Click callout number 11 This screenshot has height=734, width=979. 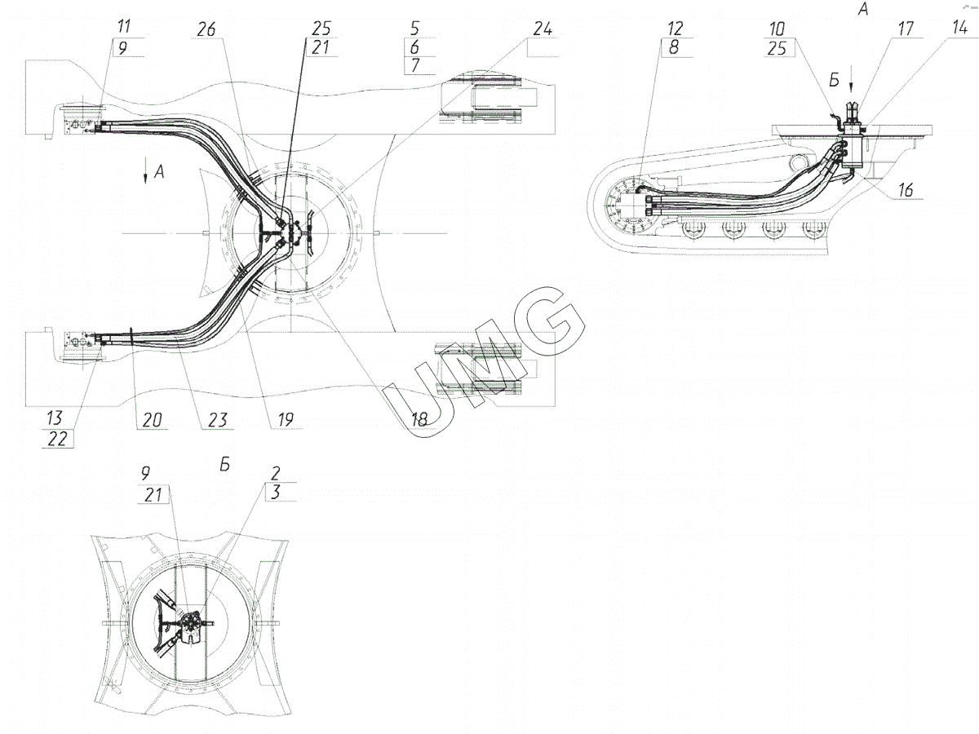(123, 26)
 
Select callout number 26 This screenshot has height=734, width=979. (206, 29)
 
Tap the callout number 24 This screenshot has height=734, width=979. (543, 29)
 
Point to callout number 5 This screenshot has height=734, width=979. (414, 29)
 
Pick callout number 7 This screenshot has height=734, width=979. (415, 65)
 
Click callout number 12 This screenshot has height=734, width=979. (676, 29)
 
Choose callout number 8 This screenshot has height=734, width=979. (674, 47)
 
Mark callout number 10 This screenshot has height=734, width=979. (777, 29)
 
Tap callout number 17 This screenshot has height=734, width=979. (906, 29)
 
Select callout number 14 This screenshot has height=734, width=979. (959, 27)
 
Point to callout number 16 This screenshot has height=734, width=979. (906, 190)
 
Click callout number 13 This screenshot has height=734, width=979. (55, 418)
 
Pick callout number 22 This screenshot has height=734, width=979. (57, 440)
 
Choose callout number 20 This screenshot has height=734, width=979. (152, 420)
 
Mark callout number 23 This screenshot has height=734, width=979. (218, 420)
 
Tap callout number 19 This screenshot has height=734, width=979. (286, 420)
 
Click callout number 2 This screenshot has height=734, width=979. (276, 473)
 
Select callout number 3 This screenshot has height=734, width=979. (276, 492)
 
